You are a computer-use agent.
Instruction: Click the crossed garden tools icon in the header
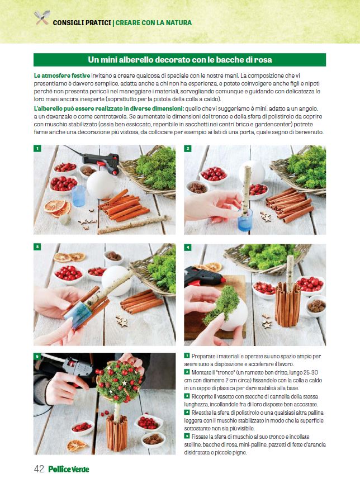[42, 17]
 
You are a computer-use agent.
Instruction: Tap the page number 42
[39, 469]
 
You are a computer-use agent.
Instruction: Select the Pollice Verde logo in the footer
[68, 469]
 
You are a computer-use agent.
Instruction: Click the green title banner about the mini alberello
[179, 60]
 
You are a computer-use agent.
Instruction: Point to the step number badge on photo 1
[37, 149]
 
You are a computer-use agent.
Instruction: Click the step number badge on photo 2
[188, 149]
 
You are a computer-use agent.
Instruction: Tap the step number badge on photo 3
[37, 247]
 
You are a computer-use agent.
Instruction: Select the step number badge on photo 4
[188, 247]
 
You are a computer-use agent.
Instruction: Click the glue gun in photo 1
[101, 162]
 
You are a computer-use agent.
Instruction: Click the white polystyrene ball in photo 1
[101, 184]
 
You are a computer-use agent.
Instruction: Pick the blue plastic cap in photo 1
[78, 196]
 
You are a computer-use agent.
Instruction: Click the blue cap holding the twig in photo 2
[245, 220]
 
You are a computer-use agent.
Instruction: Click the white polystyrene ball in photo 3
[116, 281]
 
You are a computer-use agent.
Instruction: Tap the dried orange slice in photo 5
[77, 446]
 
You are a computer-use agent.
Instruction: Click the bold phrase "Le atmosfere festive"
[62, 75]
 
